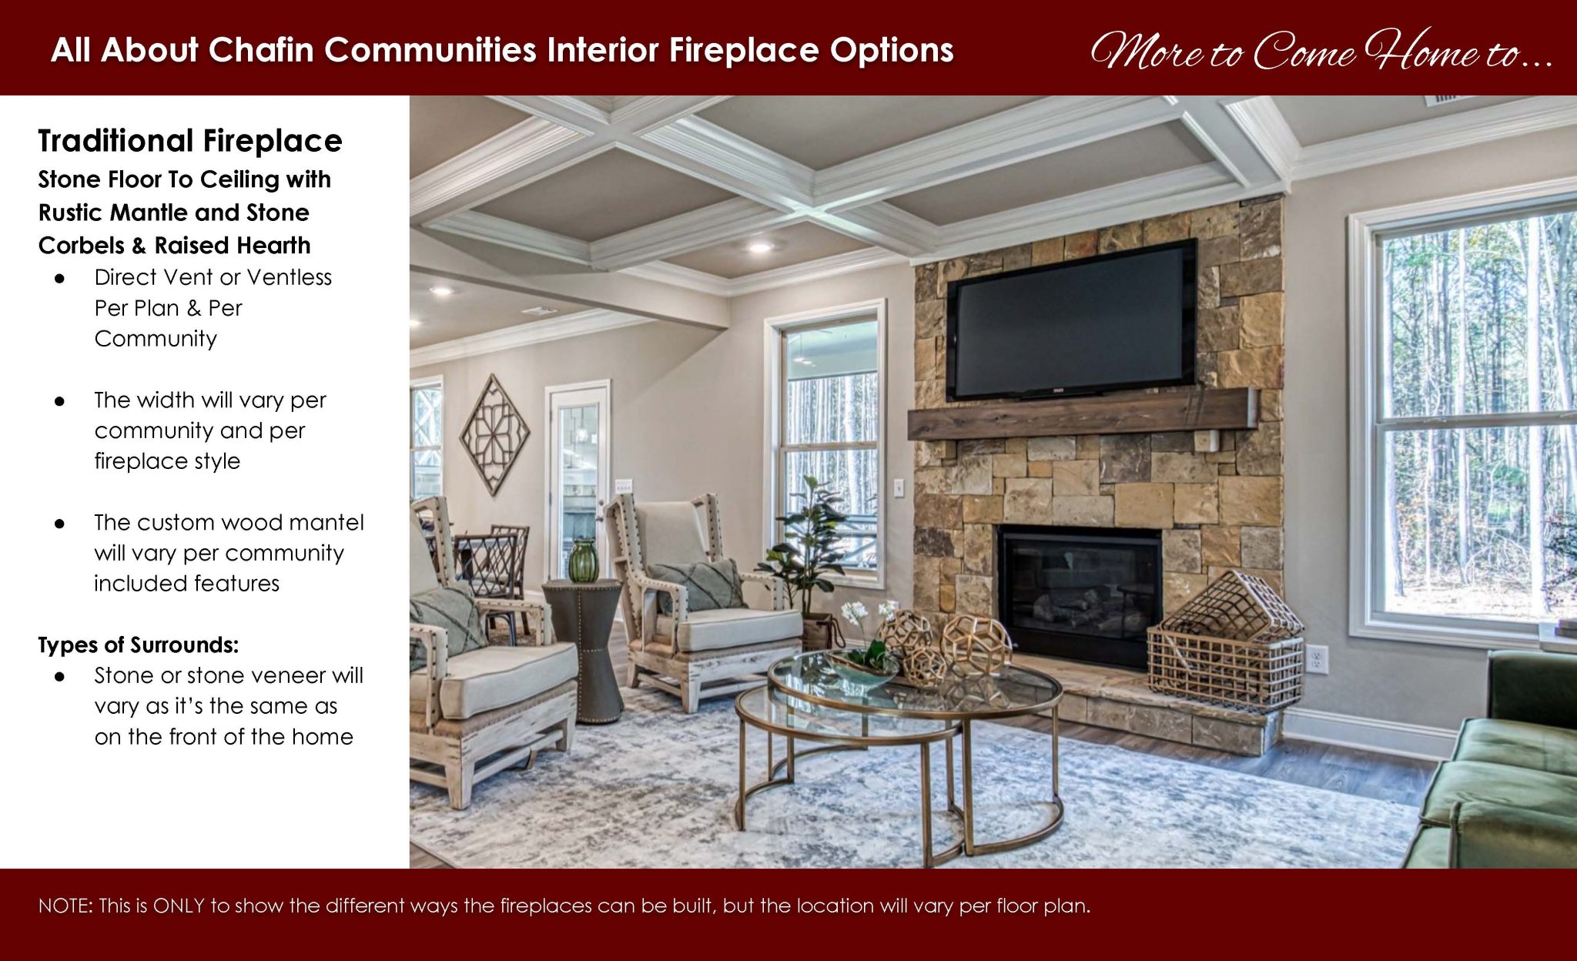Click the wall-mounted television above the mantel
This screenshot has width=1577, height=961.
[1071, 320]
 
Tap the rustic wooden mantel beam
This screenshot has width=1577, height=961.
[1078, 414]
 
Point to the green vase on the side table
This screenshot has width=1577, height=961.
[583, 560]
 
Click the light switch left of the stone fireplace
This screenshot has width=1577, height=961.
[899, 487]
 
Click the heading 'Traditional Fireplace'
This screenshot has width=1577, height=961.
[190, 141]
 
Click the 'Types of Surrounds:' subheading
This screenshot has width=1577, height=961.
[139, 645]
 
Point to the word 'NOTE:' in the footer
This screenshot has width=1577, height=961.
[65, 906]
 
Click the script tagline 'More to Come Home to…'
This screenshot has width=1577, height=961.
[1320, 51]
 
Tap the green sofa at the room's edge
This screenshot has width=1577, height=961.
[1494, 778]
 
